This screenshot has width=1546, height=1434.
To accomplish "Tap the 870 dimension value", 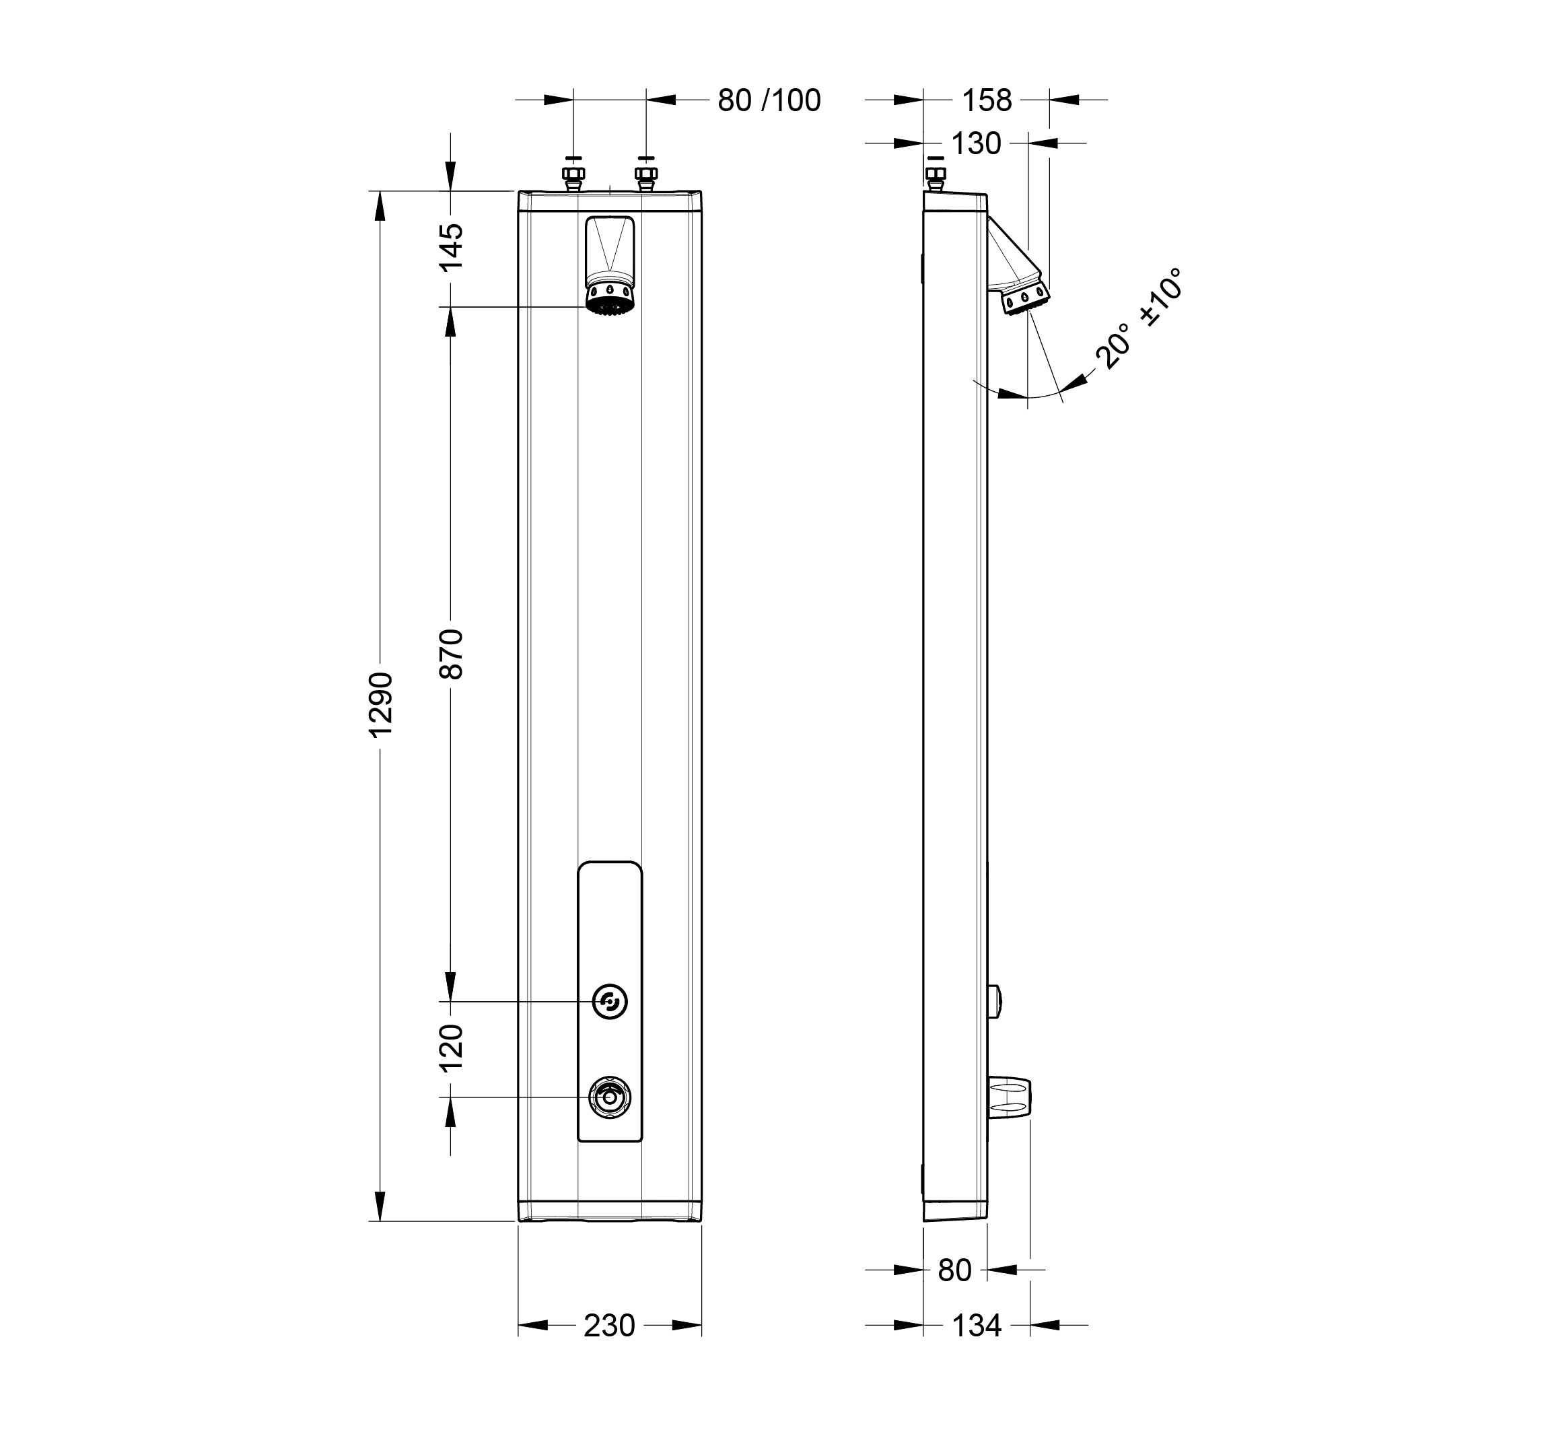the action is click(x=452, y=654).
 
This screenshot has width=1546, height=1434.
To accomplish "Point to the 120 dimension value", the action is click(x=452, y=1048).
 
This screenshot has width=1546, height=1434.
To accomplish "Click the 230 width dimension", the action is click(x=609, y=1326).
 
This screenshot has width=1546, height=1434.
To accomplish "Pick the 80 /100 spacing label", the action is click(x=769, y=100).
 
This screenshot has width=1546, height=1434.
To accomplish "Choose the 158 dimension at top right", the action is click(x=987, y=100).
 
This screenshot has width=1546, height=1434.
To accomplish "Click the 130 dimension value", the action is click(x=976, y=143).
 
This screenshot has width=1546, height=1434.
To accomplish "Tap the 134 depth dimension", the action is click(x=977, y=1326).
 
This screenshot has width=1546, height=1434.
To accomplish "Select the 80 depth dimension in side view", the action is click(x=954, y=1270).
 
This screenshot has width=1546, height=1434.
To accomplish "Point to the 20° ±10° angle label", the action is click(x=1139, y=318).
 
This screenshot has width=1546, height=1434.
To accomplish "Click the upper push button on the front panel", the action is click(x=610, y=1001).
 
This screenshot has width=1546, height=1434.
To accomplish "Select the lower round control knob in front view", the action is click(x=610, y=1097).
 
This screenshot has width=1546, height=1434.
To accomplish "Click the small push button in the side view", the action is click(x=995, y=1001).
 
